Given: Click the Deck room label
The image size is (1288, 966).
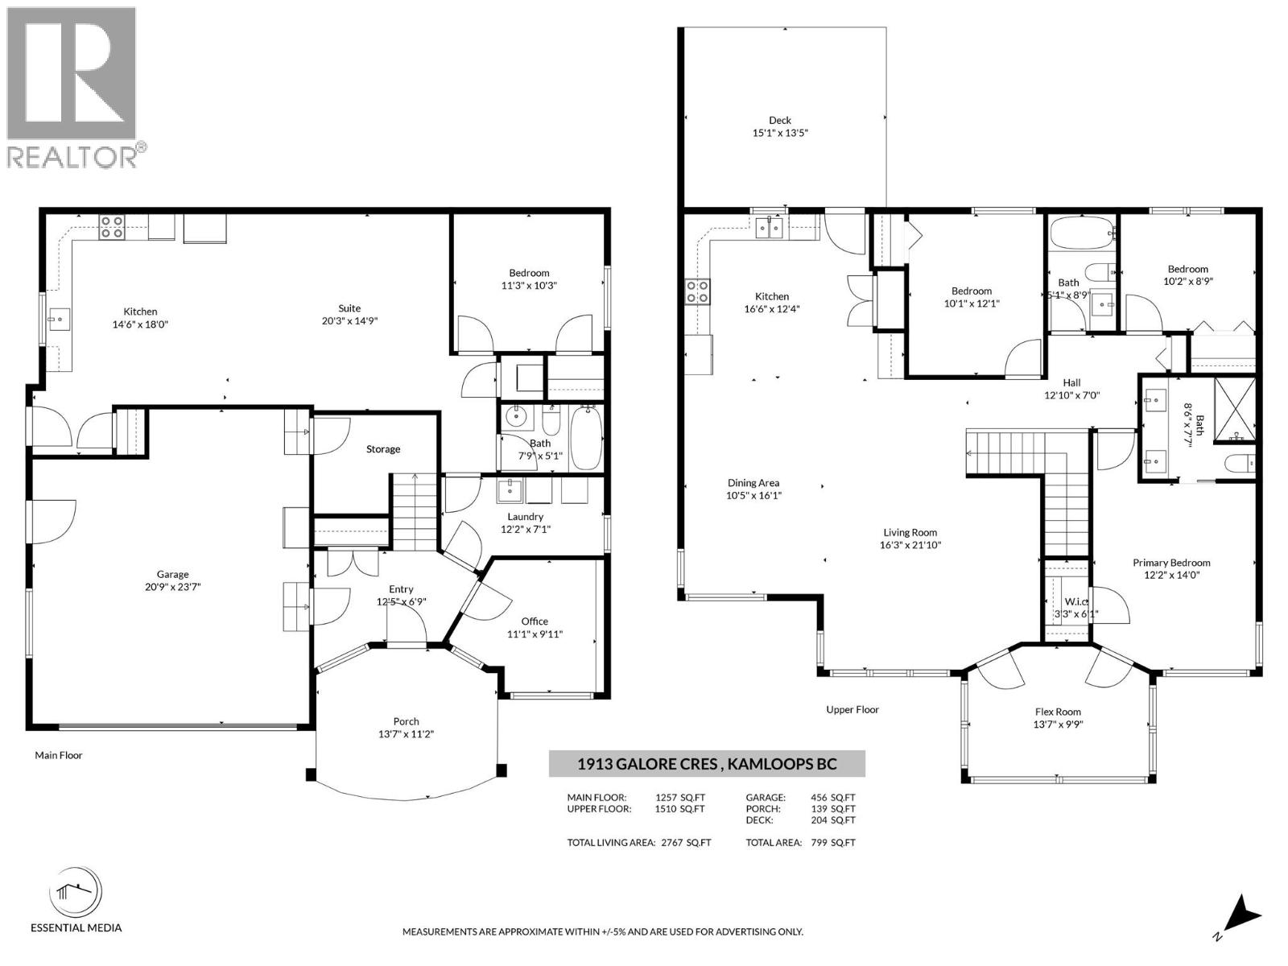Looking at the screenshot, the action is pyautogui.click(x=780, y=120).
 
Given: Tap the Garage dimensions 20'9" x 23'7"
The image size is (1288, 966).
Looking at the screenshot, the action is pyautogui.click(x=173, y=587).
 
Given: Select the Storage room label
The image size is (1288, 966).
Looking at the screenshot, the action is pyautogui.click(x=383, y=448).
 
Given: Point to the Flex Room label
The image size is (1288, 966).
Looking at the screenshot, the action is pyautogui.click(x=1058, y=712).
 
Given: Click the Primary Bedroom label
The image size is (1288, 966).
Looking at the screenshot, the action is pyautogui.click(x=1171, y=563).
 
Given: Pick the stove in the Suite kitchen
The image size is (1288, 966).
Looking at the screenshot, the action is pyautogui.click(x=112, y=226).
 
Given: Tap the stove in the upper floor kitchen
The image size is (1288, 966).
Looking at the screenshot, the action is pyautogui.click(x=698, y=291).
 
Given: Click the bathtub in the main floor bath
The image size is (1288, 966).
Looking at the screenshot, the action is pyautogui.click(x=586, y=439).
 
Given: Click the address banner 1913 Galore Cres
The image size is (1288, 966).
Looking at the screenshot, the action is pyautogui.click(x=707, y=764).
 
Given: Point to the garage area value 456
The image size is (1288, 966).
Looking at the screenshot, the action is pyautogui.click(x=819, y=797).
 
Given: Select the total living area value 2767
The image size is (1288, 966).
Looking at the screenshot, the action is pyautogui.click(x=672, y=842).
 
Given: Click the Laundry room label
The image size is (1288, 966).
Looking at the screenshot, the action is pyautogui.click(x=525, y=516).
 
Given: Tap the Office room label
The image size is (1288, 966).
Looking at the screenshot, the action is pyautogui.click(x=535, y=621).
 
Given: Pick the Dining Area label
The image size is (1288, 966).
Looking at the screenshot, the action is pyautogui.click(x=753, y=483).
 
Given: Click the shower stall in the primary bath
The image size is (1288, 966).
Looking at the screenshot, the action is pyautogui.click(x=1235, y=410).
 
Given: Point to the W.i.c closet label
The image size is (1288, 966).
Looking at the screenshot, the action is pyautogui.click(x=1076, y=601).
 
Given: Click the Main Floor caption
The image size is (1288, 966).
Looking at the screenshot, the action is pyautogui.click(x=59, y=755).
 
